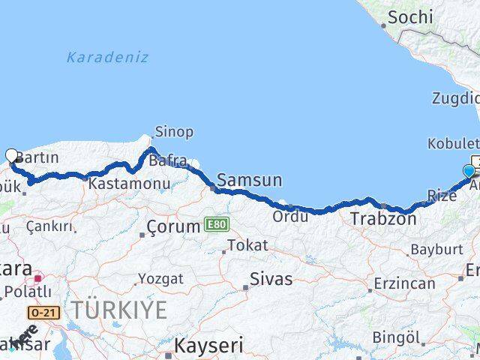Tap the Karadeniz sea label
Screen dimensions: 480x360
pyautogui.click(x=107, y=57)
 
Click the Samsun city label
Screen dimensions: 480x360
pyautogui.click(x=250, y=180)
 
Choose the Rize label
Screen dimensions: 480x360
pyautogui.click(x=441, y=196)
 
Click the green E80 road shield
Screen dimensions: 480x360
pyautogui.click(x=217, y=224)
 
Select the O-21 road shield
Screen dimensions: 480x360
pyautogui.click(x=43, y=311)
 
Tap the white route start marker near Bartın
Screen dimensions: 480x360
pyautogui.click(x=11, y=156)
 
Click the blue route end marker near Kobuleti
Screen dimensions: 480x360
pyautogui.click(x=469, y=171)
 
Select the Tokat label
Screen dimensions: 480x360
pyautogui.click(x=247, y=245)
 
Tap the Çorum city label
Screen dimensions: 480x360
pyautogui.click(x=173, y=226)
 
